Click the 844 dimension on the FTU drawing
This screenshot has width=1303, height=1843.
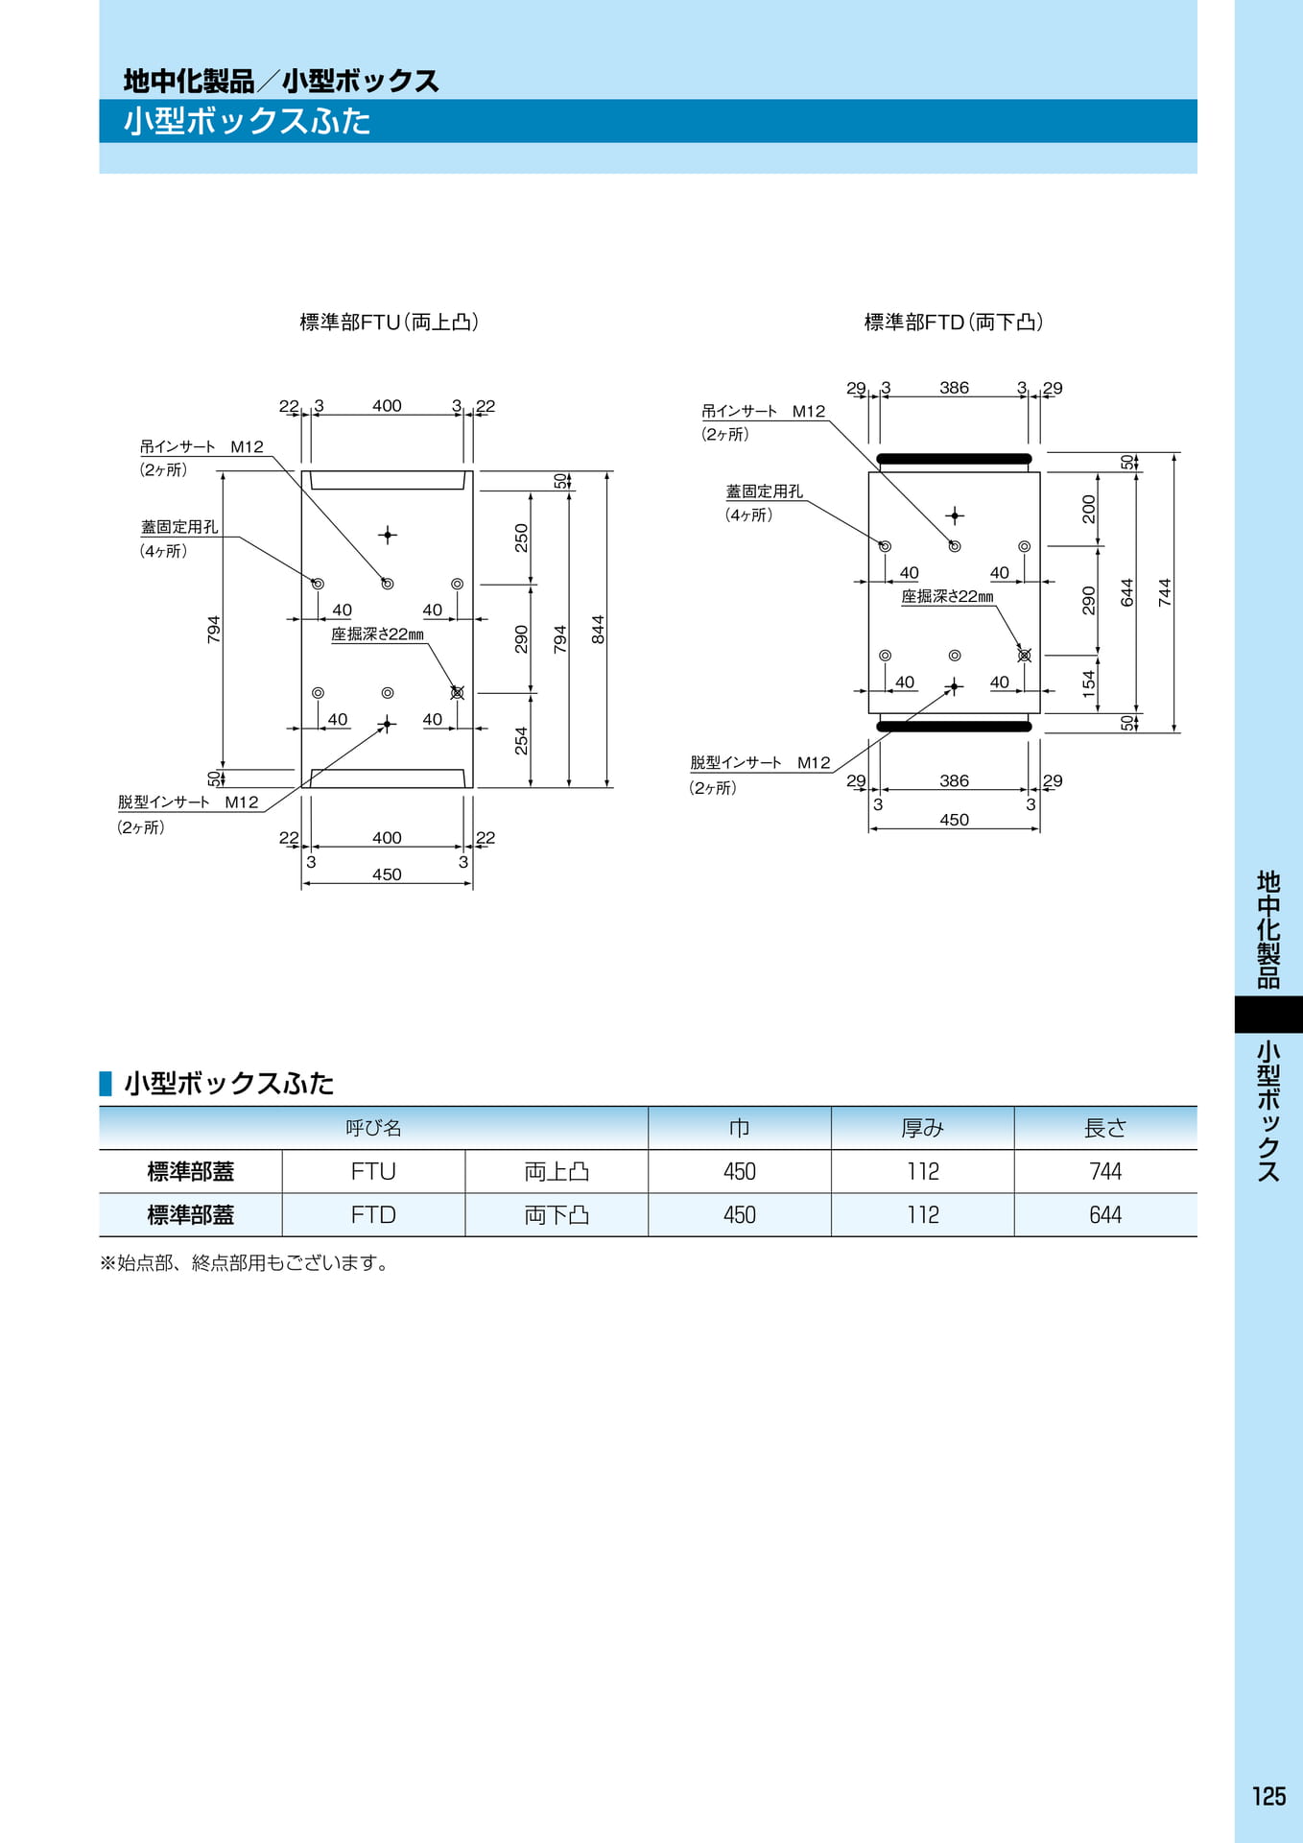click(x=598, y=630)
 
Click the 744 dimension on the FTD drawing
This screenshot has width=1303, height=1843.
click(x=1165, y=592)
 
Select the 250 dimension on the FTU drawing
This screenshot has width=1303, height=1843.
click(x=521, y=538)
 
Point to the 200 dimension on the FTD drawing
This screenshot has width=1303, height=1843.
click(x=1088, y=509)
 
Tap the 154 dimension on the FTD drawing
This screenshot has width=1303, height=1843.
click(x=1088, y=684)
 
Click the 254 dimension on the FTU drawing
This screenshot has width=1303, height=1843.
click(x=521, y=741)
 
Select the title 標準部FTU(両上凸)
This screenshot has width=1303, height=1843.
click(x=389, y=323)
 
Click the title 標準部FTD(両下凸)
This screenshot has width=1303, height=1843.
click(x=953, y=323)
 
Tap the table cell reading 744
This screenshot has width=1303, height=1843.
click(x=1105, y=1171)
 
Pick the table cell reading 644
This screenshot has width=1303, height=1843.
click(x=1105, y=1215)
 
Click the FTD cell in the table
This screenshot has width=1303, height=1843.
click(x=373, y=1215)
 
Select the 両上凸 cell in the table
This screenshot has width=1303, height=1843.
click(x=557, y=1171)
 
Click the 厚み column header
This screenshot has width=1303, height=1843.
click(x=922, y=1128)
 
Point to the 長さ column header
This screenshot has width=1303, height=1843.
click(x=1105, y=1128)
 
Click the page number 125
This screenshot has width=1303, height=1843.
click(x=1268, y=1796)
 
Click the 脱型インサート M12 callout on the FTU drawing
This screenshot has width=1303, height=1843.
click(x=188, y=802)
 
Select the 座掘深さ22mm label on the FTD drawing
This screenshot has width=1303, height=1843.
click(x=947, y=596)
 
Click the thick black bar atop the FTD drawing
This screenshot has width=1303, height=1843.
click(x=954, y=459)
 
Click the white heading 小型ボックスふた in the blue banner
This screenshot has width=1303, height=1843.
click(x=247, y=121)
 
